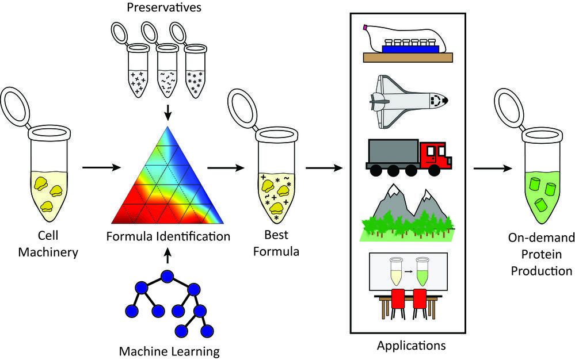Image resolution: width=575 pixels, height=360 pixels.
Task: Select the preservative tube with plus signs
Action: point(138,81)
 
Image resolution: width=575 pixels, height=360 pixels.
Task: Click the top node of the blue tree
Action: point(167,277)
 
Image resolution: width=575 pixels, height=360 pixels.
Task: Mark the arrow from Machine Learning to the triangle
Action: point(167,254)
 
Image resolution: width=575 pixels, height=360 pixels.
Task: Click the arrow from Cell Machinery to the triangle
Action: point(100,168)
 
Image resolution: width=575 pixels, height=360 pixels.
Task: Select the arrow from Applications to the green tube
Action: point(492,168)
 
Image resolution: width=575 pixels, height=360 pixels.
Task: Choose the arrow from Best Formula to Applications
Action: point(324,168)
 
